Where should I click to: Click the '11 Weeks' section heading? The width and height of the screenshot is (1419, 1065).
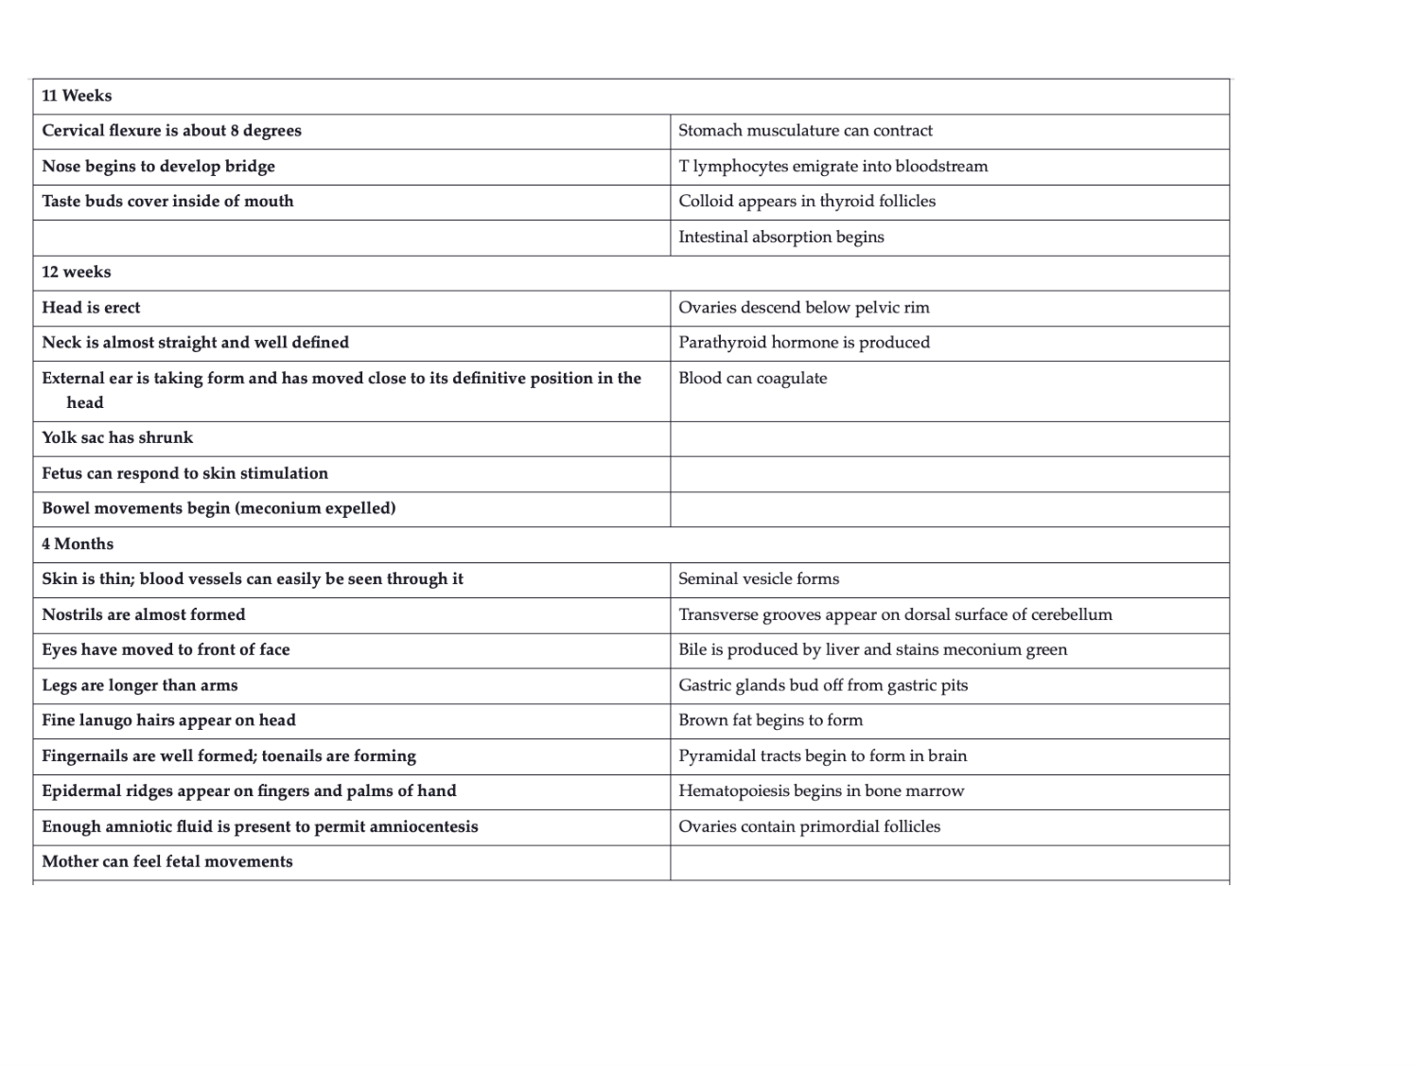pyautogui.click(x=77, y=96)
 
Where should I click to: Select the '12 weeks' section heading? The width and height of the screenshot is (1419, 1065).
pyautogui.click(x=77, y=272)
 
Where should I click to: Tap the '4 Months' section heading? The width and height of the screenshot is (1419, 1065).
pyautogui.click(x=78, y=543)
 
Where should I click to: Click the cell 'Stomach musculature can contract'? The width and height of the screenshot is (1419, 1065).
pyautogui.click(x=805, y=131)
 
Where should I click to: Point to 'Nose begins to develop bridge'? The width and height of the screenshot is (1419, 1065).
pyautogui.click(x=158, y=167)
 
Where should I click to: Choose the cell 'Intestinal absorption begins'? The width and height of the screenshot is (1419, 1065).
pyautogui.click(x=780, y=237)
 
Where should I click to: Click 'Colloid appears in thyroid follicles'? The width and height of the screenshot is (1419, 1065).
pyautogui.click(x=807, y=201)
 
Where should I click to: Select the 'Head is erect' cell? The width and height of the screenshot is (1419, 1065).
pyautogui.click(x=91, y=308)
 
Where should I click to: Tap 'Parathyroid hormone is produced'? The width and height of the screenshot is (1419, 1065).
pyautogui.click(x=804, y=343)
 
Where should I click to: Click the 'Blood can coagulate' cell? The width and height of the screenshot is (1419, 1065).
pyautogui.click(x=753, y=379)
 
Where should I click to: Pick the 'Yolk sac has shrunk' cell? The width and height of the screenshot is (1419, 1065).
pyautogui.click(x=117, y=437)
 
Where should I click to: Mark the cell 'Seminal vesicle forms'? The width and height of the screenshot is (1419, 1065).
pyautogui.click(x=759, y=578)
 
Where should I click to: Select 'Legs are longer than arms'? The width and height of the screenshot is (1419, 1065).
pyautogui.click(x=140, y=685)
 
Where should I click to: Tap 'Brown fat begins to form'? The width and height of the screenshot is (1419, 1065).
pyautogui.click(x=770, y=720)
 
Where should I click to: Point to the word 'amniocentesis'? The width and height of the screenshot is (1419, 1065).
pyautogui.click(x=423, y=826)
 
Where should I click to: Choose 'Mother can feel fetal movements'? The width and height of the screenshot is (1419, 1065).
pyautogui.click(x=167, y=861)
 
